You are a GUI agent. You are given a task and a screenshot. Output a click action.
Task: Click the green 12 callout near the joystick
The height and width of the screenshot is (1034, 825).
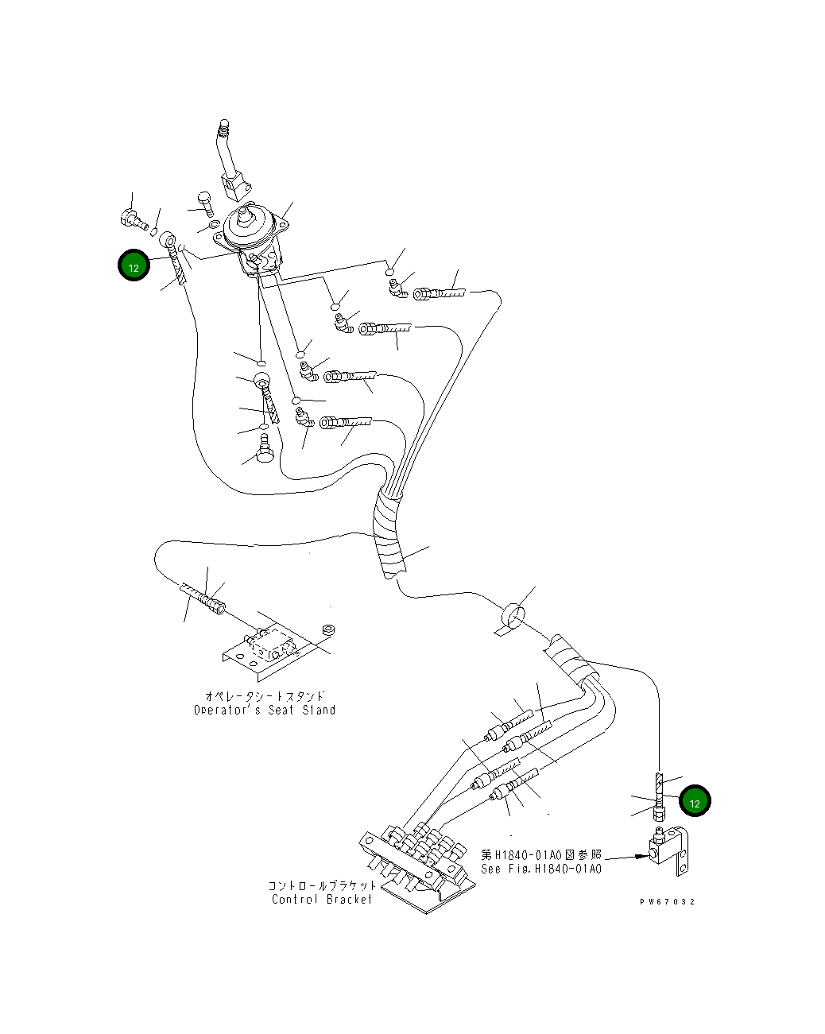(x=134, y=265)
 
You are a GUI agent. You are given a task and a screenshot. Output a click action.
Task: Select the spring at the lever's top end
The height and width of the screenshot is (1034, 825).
(x=224, y=126)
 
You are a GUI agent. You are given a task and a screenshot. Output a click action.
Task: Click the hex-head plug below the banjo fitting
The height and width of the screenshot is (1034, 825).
(x=264, y=449)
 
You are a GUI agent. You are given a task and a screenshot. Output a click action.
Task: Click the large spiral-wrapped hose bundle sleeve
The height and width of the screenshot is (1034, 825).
(x=390, y=532)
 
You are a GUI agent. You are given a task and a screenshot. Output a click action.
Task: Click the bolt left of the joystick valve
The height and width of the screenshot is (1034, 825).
(x=205, y=205)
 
